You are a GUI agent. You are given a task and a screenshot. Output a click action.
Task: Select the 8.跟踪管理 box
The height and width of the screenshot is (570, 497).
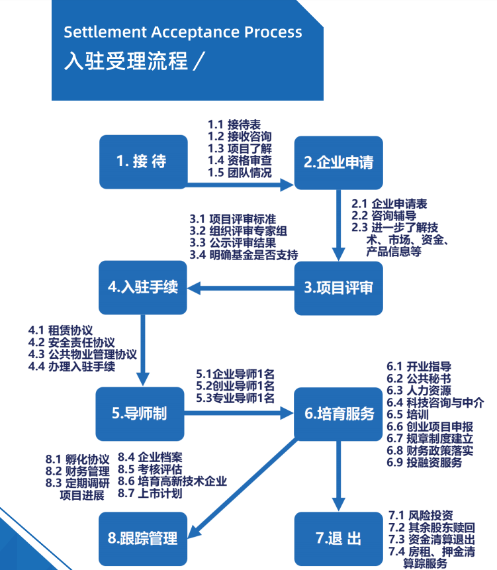(x=143, y=538)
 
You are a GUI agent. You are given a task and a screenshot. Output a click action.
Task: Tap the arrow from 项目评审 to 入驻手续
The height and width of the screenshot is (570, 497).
(x=242, y=287)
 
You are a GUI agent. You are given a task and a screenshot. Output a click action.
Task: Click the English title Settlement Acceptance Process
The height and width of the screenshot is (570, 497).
(x=183, y=32)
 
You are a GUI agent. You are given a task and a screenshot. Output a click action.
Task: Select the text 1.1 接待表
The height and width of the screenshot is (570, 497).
(x=234, y=124)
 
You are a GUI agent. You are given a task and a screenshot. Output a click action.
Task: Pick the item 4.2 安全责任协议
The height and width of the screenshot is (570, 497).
(x=71, y=342)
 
